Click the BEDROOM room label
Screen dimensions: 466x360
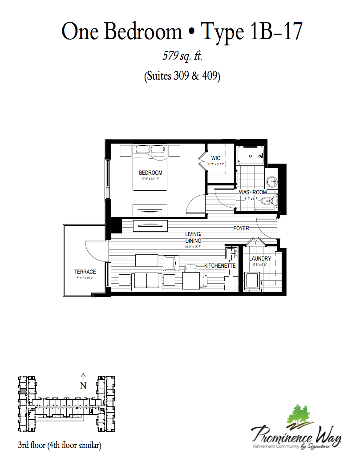pyautogui.click(x=150, y=173)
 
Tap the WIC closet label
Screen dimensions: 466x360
pyautogui.click(x=216, y=158)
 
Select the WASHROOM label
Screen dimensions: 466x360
pyautogui.click(x=253, y=192)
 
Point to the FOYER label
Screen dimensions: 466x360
pyautogui.click(x=242, y=229)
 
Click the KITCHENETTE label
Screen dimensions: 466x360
pyautogui.click(x=219, y=265)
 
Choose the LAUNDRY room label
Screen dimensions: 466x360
pyautogui.click(x=260, y=258)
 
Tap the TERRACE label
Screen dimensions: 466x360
pyautogui.click(x=85, y=272)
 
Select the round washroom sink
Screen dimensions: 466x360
pyautogui.click(x=272, y=181)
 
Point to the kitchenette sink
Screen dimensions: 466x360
pyautogui.click(x=231, y=253)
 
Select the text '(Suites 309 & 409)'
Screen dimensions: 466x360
pyautogui.click(x=182, y=76)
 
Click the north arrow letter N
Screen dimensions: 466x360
pyautogui.click(x=83, y=386)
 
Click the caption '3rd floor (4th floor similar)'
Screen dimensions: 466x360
pyautogui.click(x=60, y=445)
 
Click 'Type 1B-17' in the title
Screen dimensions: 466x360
pyautogui.click(x=252, y=32)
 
